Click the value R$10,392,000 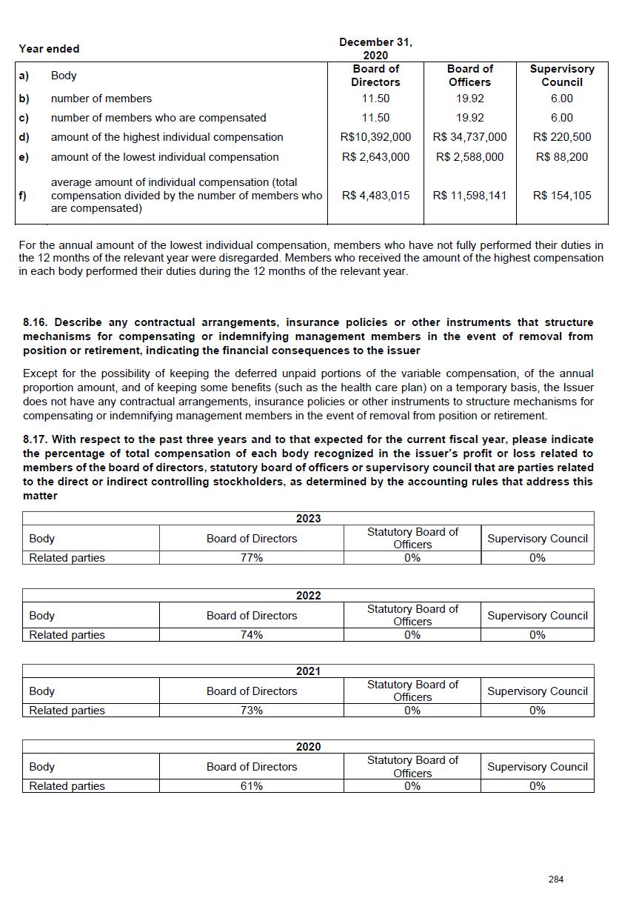(x=375, y=137)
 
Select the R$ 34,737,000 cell (x=469, y=137)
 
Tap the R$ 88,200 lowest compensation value (x=561, y=157)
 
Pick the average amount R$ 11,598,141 (x=469, y=196)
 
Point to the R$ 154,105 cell (x=561, y=196)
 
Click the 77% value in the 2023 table (x=252, y=558)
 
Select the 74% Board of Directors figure (x=252, y=635)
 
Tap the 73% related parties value (x=252, y=711)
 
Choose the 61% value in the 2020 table (x=252, y=786)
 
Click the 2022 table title (x=308, y=596)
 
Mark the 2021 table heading (x=308, y=671)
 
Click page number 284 (x=556, y=880)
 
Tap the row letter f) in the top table (x=24, y=196)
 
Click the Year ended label (x=49, y=49)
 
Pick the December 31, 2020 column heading (x=375, y=49)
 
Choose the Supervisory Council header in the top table (x=561, y=76)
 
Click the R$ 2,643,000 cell (x=375, y=157)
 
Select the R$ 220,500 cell (x=561, y=137)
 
